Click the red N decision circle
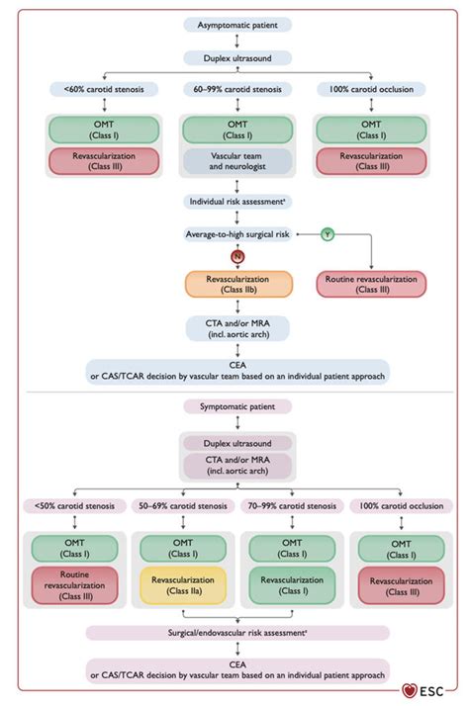[236, 255]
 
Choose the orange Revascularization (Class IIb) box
[236, 285]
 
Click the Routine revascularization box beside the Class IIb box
[371, 285]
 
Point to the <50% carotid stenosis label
[72, 505]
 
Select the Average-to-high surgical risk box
[236, 234]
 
